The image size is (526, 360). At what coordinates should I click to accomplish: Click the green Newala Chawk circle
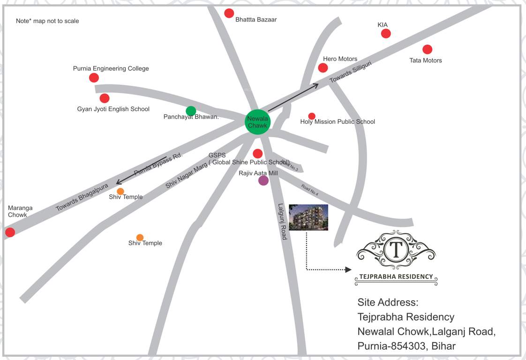tap(257, 122)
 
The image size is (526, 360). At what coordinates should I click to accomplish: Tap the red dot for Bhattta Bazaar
tap(229, 13)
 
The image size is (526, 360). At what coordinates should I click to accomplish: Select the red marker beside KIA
tap(386, 33)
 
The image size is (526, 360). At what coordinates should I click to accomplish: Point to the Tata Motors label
tap(426, 60)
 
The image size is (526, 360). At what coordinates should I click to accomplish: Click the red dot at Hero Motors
tap(323, 68)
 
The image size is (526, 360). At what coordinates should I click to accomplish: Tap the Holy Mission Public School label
tap(338, 122)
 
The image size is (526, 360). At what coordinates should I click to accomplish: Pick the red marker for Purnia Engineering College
tap(94, 78)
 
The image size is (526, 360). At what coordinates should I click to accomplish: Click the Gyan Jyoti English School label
tap(113, 109)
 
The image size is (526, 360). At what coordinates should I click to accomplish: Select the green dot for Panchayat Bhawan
tap(191, 111)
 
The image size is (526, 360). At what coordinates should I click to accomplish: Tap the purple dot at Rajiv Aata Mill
tap(263, 180)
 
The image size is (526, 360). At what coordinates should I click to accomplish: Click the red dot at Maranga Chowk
tap(10, 232)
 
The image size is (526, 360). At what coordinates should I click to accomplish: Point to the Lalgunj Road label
tap(282, 221)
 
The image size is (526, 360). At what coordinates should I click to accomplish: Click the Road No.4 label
tap(310, 190)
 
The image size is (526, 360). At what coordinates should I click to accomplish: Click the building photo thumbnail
tap(308, 217)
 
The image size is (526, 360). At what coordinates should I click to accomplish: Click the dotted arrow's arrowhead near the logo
tap(348, 270)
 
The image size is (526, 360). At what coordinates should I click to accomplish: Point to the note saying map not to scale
tap(47, 21)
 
